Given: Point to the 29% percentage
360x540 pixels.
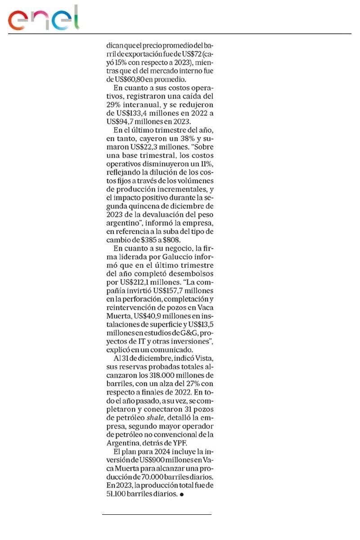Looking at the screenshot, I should pyautogui.click(x=114, y=104).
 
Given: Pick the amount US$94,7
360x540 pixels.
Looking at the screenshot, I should pyautogui.click(x=123, y=121).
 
